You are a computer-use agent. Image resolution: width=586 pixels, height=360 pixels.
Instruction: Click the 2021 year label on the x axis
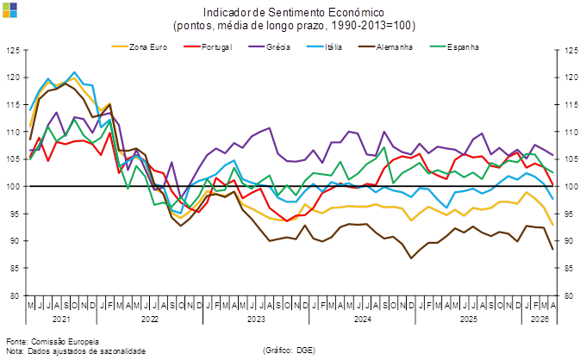tap(60, 317)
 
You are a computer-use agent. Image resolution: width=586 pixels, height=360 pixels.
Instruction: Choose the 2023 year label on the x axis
tap(256, 317)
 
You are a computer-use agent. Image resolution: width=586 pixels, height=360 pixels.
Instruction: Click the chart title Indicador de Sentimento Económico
tap(294, 13)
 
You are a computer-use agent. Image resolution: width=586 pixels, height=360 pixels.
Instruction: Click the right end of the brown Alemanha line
tap(553, 250)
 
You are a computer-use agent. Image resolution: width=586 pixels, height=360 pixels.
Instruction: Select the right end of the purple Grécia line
tap(553, 155)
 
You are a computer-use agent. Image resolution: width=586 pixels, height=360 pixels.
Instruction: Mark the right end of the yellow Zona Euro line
tap(553, 224)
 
